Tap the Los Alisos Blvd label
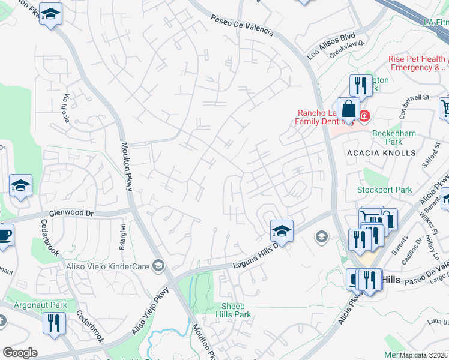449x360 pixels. pyautogui.click(x=331, y=45)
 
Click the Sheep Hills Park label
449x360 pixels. pyautogui.click(x=233, y=310)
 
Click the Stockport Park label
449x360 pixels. pyautogui.click(x=385, y=190)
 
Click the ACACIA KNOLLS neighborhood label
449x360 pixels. pyautogui.click(x=381, y=153)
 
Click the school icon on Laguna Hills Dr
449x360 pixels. pyautogui.click(x=281, y=230)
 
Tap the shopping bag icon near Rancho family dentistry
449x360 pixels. pyautogui.click(x=348, y=109)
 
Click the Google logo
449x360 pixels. pyautogui.click(x=20, y=353)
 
